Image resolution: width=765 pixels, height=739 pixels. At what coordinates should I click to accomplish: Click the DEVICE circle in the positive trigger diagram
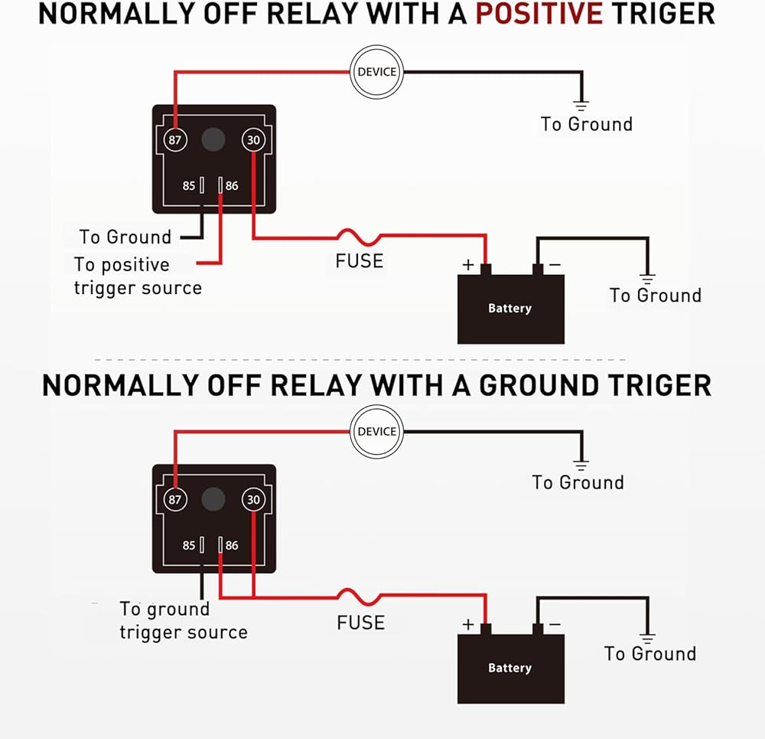pos(376,72)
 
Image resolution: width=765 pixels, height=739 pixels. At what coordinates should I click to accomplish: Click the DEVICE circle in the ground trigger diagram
pos(376,432)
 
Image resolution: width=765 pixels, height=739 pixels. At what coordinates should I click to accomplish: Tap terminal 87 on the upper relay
pos(176,140)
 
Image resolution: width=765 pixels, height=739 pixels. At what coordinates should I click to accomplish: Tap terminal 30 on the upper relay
pos(253,140)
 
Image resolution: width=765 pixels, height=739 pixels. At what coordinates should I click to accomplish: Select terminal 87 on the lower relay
pos(176,500)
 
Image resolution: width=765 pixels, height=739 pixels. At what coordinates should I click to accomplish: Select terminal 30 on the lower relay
pos(253,500)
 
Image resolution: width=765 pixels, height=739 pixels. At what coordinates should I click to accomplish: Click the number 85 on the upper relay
pos(188,185)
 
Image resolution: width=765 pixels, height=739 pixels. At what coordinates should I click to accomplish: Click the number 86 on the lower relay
pos(232,545)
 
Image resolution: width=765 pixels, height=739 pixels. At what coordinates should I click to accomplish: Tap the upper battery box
pos(510,308)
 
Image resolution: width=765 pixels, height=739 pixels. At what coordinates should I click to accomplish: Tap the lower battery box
pos(510,668)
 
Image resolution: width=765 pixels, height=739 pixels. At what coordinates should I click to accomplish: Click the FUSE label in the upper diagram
pos(359,260)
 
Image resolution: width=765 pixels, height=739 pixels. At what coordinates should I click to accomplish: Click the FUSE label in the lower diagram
pos(360,622)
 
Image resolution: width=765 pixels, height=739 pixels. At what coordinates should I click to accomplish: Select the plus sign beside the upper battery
pos(468,265)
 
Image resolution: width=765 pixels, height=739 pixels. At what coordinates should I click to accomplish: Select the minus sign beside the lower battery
pos(555,624)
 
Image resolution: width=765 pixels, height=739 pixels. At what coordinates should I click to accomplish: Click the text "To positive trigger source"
pos(138,276)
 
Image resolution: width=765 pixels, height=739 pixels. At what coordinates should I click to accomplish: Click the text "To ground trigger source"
pos(183,621)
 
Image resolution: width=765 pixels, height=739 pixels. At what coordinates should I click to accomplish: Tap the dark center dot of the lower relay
pos(213,499)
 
